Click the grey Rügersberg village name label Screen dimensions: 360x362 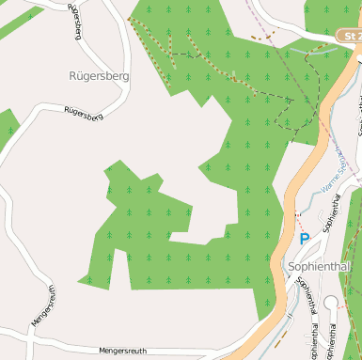point(99,74)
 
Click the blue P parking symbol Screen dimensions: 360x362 point(304,240)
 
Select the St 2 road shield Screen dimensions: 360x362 point(348,36)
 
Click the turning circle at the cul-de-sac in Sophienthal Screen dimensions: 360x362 point(330,302)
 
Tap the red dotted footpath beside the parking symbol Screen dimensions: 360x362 point(299,222)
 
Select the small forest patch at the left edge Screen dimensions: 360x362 point(8,127)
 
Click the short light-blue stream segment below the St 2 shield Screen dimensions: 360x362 point(310,49)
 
